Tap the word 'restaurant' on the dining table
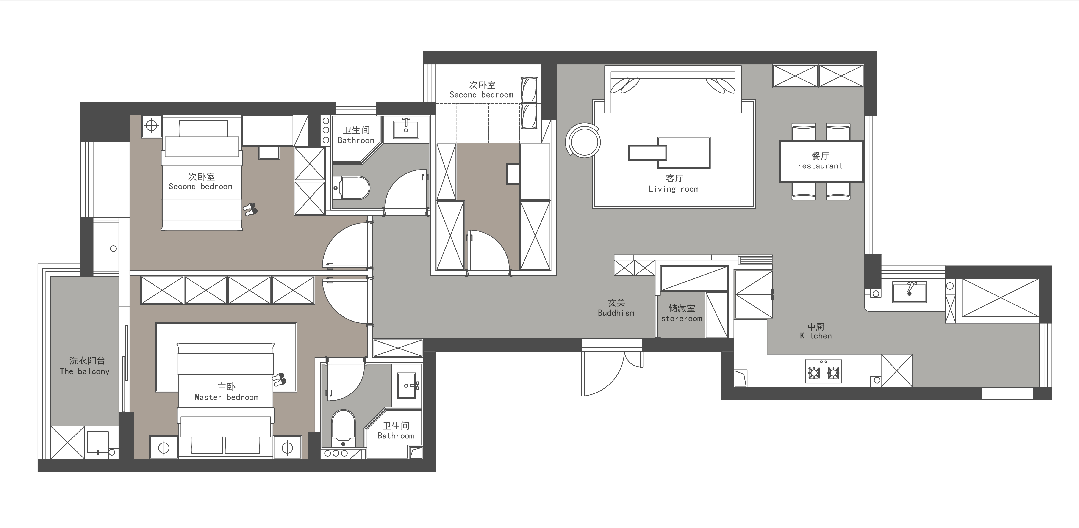820,166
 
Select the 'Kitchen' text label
815,336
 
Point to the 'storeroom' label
682,319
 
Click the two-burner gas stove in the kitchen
824,371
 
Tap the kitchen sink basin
909,292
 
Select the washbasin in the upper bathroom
405,128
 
